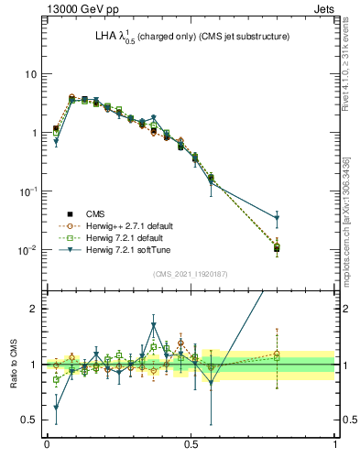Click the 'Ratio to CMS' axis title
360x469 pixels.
tap(15, 365)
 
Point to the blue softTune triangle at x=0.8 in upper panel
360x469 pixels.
tap(277, 218)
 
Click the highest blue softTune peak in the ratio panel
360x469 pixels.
tap(154, 324)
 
